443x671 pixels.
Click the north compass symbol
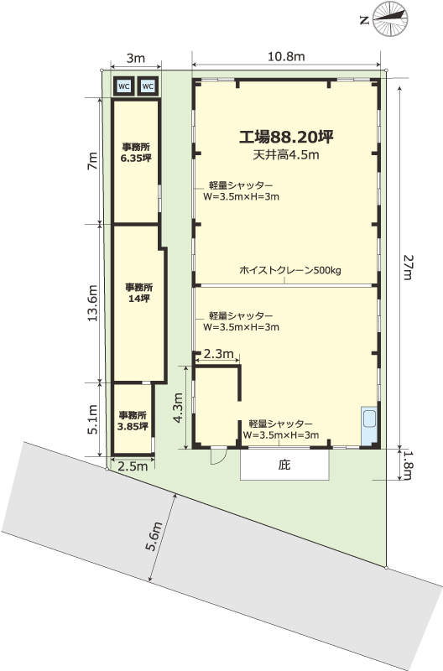click(x=389, y=18)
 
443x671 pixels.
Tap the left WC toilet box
click(x=123, y=86)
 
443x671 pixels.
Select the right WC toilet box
click(x=148, y=86)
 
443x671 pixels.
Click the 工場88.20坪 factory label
click(x=286, y=137)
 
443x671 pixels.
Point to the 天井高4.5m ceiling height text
click(x=286, y=155)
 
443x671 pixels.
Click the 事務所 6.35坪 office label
click(x=136, y=153)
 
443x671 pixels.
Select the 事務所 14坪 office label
click(x=139, y=293)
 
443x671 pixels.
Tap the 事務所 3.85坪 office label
click(x=133, y=421)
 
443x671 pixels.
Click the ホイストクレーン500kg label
click(x=289, y=270)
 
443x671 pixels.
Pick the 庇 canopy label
click(x=284, y=465)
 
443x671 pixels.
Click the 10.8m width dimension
click(x=286, y=56)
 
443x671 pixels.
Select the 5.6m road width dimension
click(x=154, y=537)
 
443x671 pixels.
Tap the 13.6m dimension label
click(x=93, y=303)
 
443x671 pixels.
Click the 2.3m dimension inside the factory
click(x=218, y=354)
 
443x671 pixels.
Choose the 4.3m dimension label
click(x=178, y=408)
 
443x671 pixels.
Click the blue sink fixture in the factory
click(x=369, y=425)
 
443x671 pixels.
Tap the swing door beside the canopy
click(x=218, y=455)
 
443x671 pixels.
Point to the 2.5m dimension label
click(x=133, y=466)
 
